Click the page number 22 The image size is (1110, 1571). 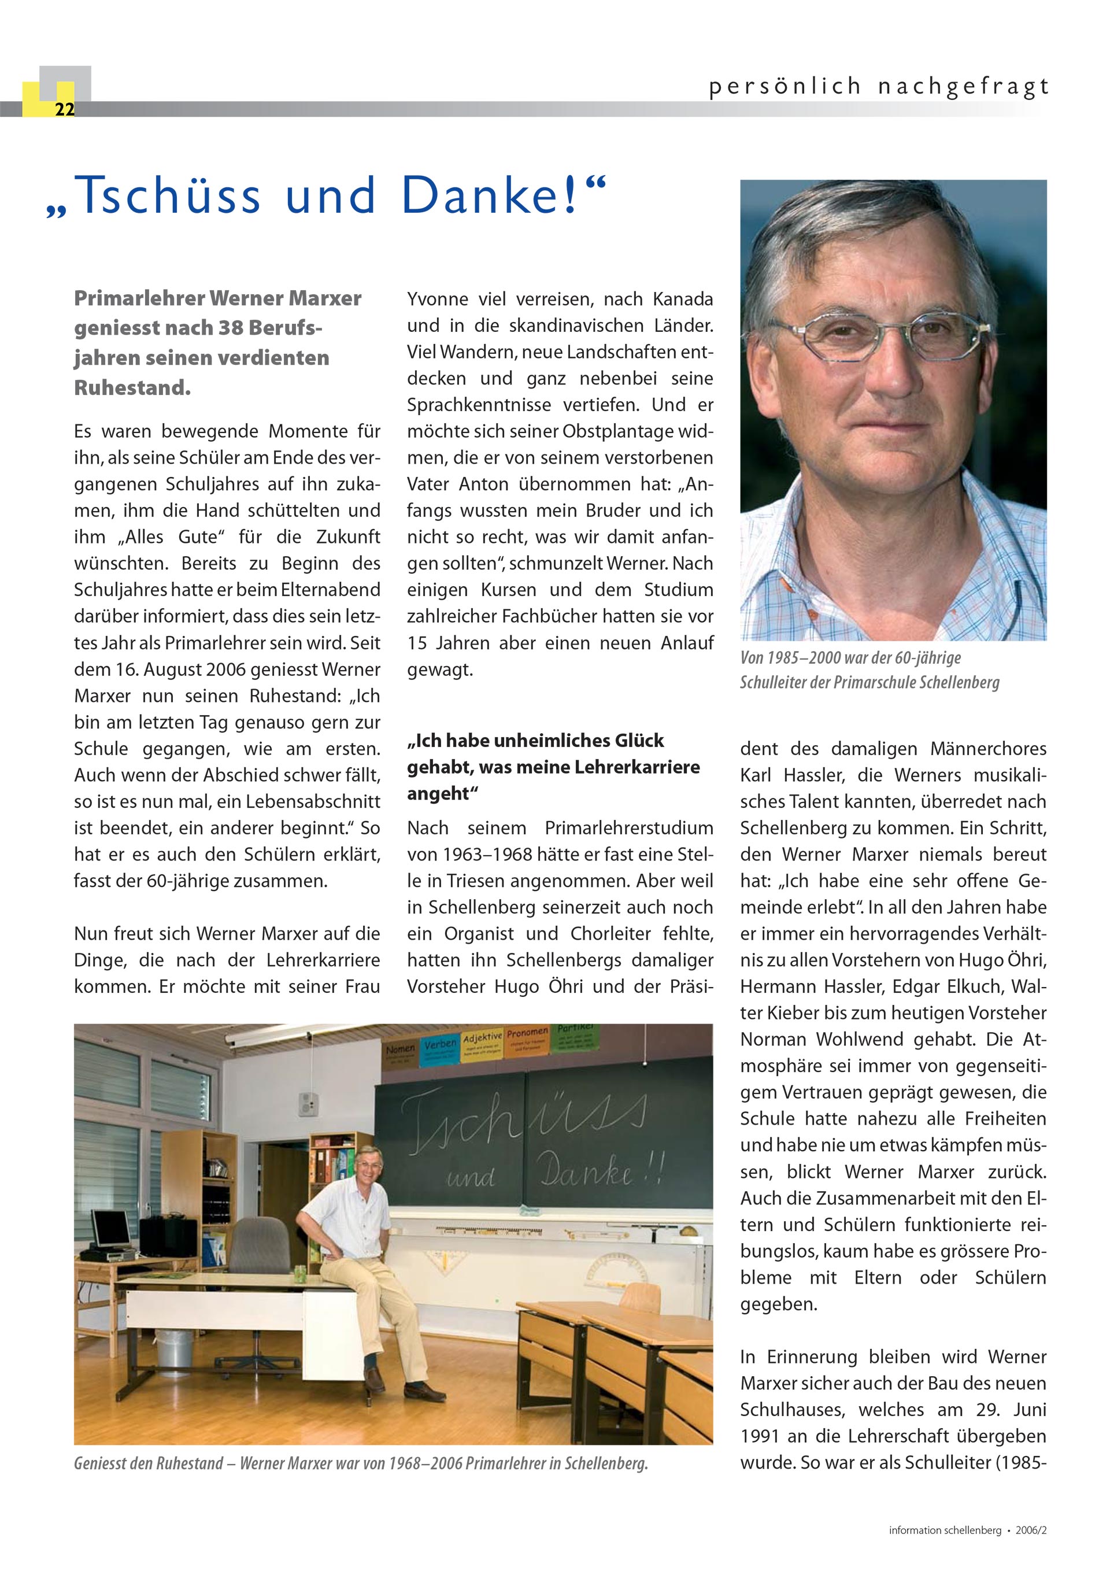click(64, 109)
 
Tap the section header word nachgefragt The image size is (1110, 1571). click(962, 87)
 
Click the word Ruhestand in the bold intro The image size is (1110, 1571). click(131, 388)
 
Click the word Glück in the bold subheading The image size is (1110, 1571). click(639, 740)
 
